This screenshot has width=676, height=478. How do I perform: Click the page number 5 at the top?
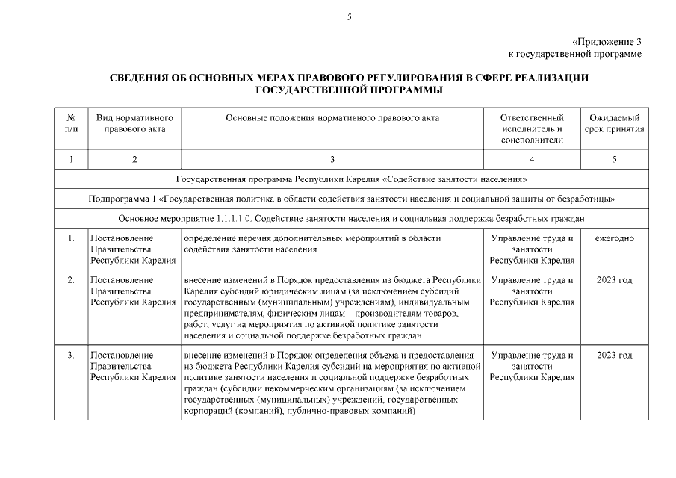tap(349, 17)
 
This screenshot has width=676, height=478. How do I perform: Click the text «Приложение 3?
tap(607, 42)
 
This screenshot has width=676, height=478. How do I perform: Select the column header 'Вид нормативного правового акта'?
tap(134, 124)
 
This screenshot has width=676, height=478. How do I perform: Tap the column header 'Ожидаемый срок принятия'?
tap(615, 124)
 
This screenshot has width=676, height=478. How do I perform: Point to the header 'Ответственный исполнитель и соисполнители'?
tap(532, 129)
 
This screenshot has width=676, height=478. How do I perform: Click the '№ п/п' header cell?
tap(71, 124)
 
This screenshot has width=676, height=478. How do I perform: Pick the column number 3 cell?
tap(332, 159)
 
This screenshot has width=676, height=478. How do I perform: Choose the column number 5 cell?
tap(615, 159)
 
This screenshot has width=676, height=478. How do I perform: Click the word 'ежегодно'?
tap(615, 238)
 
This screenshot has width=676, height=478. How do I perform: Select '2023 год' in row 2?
tap(615, 280)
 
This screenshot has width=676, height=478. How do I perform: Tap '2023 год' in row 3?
tap(615, 355)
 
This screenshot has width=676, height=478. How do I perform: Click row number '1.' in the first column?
tap(71, 238)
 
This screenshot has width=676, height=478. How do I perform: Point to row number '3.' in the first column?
tap(71, 355)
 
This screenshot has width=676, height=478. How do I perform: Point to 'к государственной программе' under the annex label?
tap(574, 54)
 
